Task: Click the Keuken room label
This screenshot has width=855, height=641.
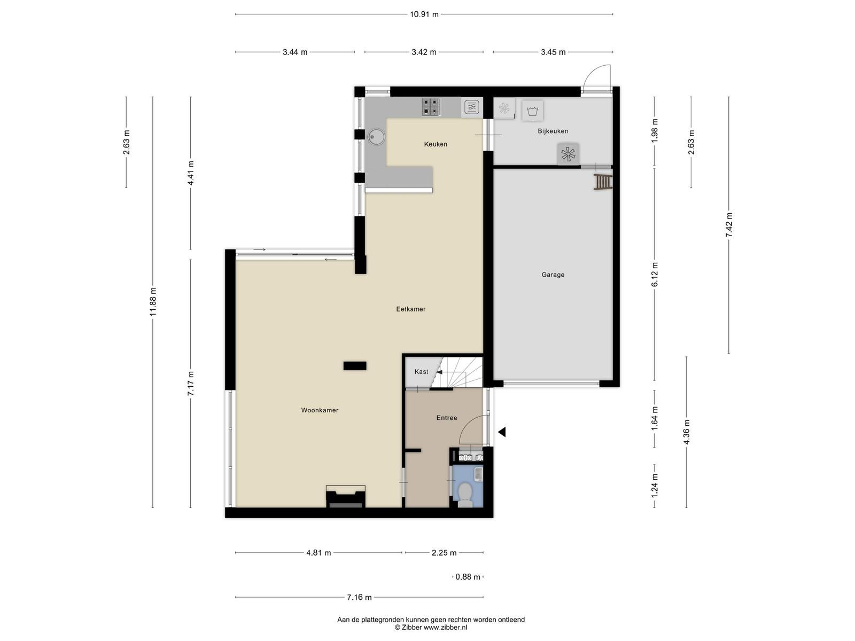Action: click(436, 144)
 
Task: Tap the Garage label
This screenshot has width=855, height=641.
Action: click(553, 275)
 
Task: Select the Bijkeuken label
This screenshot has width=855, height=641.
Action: click(553, 131)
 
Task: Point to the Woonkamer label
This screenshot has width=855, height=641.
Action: click(320, 410)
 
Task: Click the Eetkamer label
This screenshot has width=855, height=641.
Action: click(410, 309)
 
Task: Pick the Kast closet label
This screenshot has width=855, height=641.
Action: click(422, 372)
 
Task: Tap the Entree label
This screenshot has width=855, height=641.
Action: click(446, 418)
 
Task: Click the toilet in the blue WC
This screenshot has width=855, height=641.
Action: click(465, 494)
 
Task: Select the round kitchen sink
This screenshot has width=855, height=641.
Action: click(376, 137)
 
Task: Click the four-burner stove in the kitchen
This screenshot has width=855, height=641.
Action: click(431, 107)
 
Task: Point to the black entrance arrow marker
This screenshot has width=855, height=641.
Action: click(502, 432)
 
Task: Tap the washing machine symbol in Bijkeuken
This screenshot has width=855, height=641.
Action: click(532, 111)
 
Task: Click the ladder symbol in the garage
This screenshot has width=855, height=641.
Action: click(602, 182)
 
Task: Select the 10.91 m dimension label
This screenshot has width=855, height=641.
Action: click(424, 14)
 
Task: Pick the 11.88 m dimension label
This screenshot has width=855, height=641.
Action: click(153, 302)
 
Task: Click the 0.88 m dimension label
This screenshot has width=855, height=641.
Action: click(468, 577)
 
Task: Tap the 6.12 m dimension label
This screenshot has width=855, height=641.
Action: click(655, 275)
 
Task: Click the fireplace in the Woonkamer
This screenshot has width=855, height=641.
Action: click(346, 496)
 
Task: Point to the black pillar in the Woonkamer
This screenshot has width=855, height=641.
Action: click(355, 366)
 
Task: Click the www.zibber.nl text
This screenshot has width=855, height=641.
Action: click(445, 627)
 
